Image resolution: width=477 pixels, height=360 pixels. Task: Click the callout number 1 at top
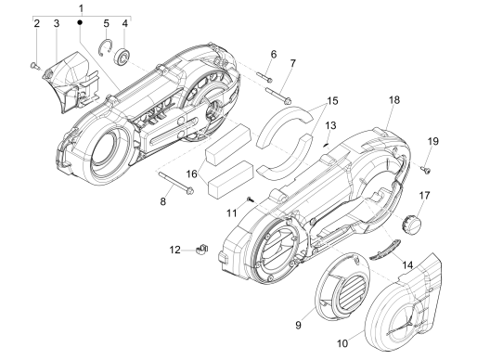[x=81, y=8]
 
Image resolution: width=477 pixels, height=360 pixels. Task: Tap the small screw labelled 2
[x=34, y=66]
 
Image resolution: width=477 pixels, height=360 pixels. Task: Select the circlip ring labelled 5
[x=106, y=47]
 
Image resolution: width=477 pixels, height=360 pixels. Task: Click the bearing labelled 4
[x=122, y=57]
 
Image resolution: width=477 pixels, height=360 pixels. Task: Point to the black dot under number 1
[x=80, y=22]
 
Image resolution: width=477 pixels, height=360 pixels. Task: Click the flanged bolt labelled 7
[x=278, y=95]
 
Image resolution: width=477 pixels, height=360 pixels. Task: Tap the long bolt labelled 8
[x=176, y=183]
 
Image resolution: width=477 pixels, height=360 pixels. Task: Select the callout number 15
[x=332, y=101]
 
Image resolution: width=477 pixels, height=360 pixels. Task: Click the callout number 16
[x=192, y=174]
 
